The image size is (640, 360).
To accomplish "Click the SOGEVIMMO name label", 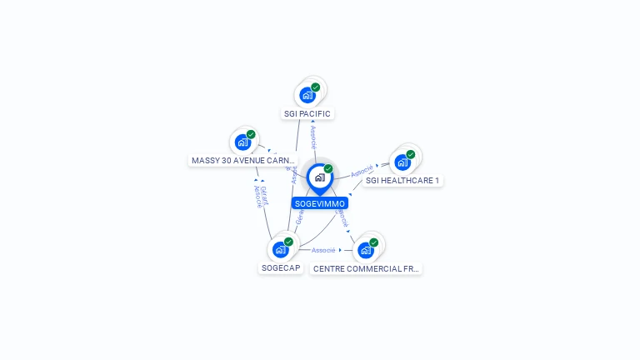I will click(x=320, y=203).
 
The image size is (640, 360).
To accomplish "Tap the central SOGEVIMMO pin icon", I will click(x=319, y=177).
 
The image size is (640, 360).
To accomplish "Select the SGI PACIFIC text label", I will click(x=307, y=113).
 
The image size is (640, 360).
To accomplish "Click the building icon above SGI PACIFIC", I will click(x=307, y=95).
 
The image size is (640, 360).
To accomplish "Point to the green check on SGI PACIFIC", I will click(x=316, y=87).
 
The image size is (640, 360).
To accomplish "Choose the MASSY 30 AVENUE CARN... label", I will click(x=243, y=160).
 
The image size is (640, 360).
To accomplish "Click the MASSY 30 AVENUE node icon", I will click(x=242, y=142).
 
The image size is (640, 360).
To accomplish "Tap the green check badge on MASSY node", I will click(x=251, y=134).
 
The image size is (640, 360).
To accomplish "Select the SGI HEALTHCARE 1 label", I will click(x=402, y=180).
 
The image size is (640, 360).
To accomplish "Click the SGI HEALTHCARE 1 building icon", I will click(x=402, y=162).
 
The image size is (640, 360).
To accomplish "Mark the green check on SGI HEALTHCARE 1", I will click(x=411, y=154).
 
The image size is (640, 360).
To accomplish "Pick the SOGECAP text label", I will click(x=281, y=268).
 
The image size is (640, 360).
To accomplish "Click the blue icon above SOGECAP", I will click(x=280, y=249).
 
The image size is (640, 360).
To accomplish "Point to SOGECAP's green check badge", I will click(x=288, y=242).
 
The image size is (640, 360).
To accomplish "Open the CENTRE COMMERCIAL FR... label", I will click(x=367, y=268).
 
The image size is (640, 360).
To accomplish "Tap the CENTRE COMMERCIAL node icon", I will click(x=365, y=250).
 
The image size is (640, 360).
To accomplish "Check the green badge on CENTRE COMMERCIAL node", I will click(x=373, y=242).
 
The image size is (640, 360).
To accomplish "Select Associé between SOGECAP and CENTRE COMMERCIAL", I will click(x=323, y=250).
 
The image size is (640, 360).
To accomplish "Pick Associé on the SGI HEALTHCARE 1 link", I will click(x=362, y=172).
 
